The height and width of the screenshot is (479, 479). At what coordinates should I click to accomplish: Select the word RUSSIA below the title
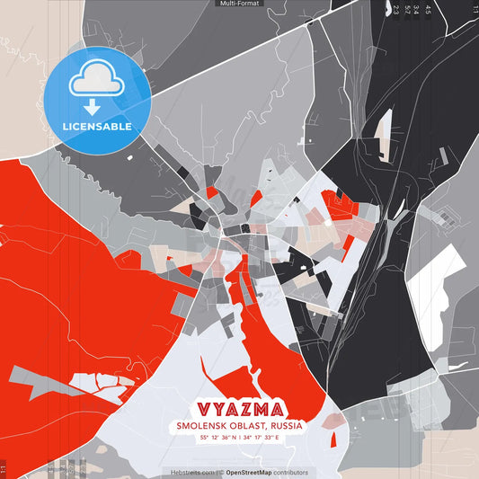(284, 426)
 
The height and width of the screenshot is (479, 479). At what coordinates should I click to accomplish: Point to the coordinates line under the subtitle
(240, 438)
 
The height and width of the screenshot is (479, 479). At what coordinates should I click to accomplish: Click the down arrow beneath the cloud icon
(94, 107)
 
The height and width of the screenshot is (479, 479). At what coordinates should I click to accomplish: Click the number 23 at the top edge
(395, 11)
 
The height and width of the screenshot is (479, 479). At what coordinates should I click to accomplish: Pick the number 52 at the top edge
(406, 11)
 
